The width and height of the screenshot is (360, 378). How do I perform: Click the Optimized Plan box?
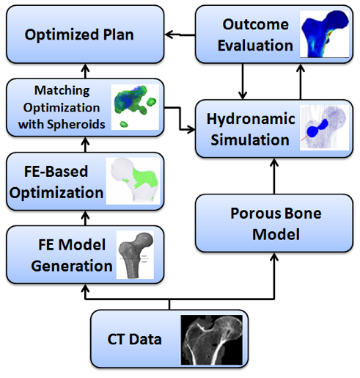tap(85, 34)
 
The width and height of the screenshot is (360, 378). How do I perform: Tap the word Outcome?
tap(256, 24)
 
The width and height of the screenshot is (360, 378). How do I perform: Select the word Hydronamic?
tap(251, 119)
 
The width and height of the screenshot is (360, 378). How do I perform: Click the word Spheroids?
tap(76, 124)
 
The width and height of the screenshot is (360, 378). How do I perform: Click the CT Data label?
tap(134, 339)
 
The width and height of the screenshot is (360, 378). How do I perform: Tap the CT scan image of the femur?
tap(212, 340)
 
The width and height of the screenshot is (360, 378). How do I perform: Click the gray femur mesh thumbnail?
tap(135, 255)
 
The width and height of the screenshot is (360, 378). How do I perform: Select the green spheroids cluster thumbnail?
tap(135, 107)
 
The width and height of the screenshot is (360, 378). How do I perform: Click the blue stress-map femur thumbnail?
tap(325, 34)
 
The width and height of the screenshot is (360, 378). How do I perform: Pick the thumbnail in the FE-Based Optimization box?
tap(133, 181)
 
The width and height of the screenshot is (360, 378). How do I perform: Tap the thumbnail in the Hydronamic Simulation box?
tap(324, 128)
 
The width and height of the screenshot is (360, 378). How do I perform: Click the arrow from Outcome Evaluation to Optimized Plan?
tap(180, 34)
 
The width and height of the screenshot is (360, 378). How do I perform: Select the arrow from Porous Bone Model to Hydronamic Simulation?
tap(274, 176)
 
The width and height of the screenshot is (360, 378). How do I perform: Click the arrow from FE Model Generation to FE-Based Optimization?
tap(85, 218)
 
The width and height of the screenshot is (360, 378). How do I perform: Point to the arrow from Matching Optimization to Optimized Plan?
tap(85, 71)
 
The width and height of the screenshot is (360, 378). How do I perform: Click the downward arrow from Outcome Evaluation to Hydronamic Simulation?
tap(243, 81)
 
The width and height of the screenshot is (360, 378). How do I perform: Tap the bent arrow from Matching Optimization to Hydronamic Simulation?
tap(180, 118)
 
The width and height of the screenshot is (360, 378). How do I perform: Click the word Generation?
tap(72, 266)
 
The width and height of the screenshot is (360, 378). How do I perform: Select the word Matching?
tap(62, 90)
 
